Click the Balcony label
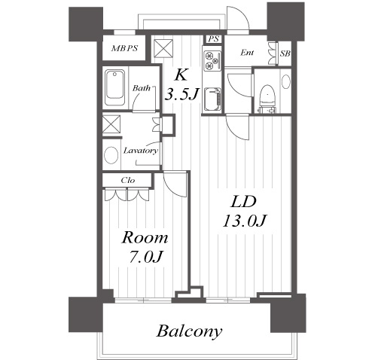click(x=190, y=331)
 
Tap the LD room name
click(x=243, y=202)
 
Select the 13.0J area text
click(x=245, y=221)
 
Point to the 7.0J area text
click(x=145, y=257)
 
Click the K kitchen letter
click(x=181, y=75)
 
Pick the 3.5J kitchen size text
click(x=181, y=94)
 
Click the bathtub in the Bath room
click(x=114, y=87)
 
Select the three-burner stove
click(x=212, y=60)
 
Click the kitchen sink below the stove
click(x=212, y=99)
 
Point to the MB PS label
click(x=124, y=48)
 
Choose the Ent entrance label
click(x=247, y=53)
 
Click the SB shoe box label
click(x=285, y=53)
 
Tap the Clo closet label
click(x=128, y=180)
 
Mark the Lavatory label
click(x=141, y=151)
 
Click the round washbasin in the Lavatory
click(x=111, y=155)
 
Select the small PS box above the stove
click(x=214, y=39)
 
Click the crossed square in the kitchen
click(x=163, y=48)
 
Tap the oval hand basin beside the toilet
click(x=286, y=81)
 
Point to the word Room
click(x=145, y=238)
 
